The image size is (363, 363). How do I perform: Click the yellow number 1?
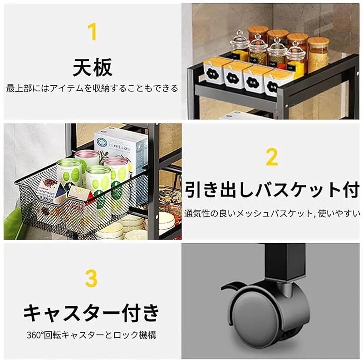[92, 31]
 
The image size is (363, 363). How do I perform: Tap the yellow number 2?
[272, 157]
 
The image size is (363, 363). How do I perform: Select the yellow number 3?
[91, 278]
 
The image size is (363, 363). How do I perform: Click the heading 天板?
[93, 67]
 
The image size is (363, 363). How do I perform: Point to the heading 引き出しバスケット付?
[272, 189]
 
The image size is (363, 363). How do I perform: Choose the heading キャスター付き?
[91, 313]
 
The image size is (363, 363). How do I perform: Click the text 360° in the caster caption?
[35, 335]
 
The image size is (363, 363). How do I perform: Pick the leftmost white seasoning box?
[213, 72]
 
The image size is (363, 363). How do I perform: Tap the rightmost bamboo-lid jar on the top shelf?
[318, 54]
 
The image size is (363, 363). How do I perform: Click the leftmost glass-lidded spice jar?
[240, 46]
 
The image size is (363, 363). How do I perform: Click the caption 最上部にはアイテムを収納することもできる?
[92, 88]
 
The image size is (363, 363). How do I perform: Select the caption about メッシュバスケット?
[272, 213]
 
